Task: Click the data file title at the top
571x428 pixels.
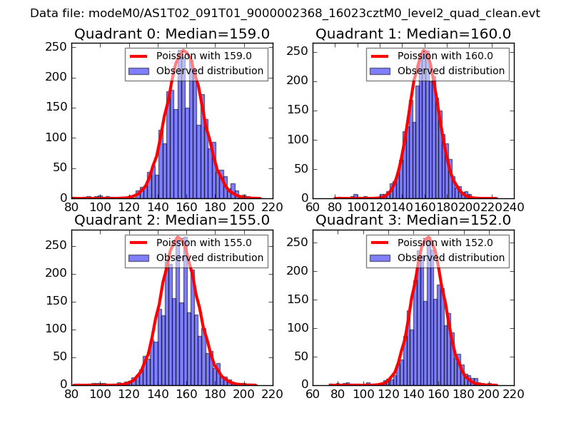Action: tap(285, 14)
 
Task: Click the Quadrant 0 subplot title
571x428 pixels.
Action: tap(171, 34)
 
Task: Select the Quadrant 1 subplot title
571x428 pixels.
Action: tap(413, 34)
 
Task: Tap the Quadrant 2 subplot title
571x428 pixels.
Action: tap(171, 220)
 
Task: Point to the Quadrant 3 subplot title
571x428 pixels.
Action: tap(413, 220)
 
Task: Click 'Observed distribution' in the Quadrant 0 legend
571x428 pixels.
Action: tap(210, 71)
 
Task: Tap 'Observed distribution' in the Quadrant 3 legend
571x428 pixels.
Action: tap(451, 257)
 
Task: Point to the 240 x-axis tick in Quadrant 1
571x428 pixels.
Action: tap(513, 207)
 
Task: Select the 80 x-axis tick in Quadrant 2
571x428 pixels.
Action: tap(72, 393)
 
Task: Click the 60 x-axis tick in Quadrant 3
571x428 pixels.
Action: tap(313, 393)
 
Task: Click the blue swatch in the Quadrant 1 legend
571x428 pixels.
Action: tap(380, 71)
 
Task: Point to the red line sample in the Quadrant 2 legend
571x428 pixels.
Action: tap(138, 242)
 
